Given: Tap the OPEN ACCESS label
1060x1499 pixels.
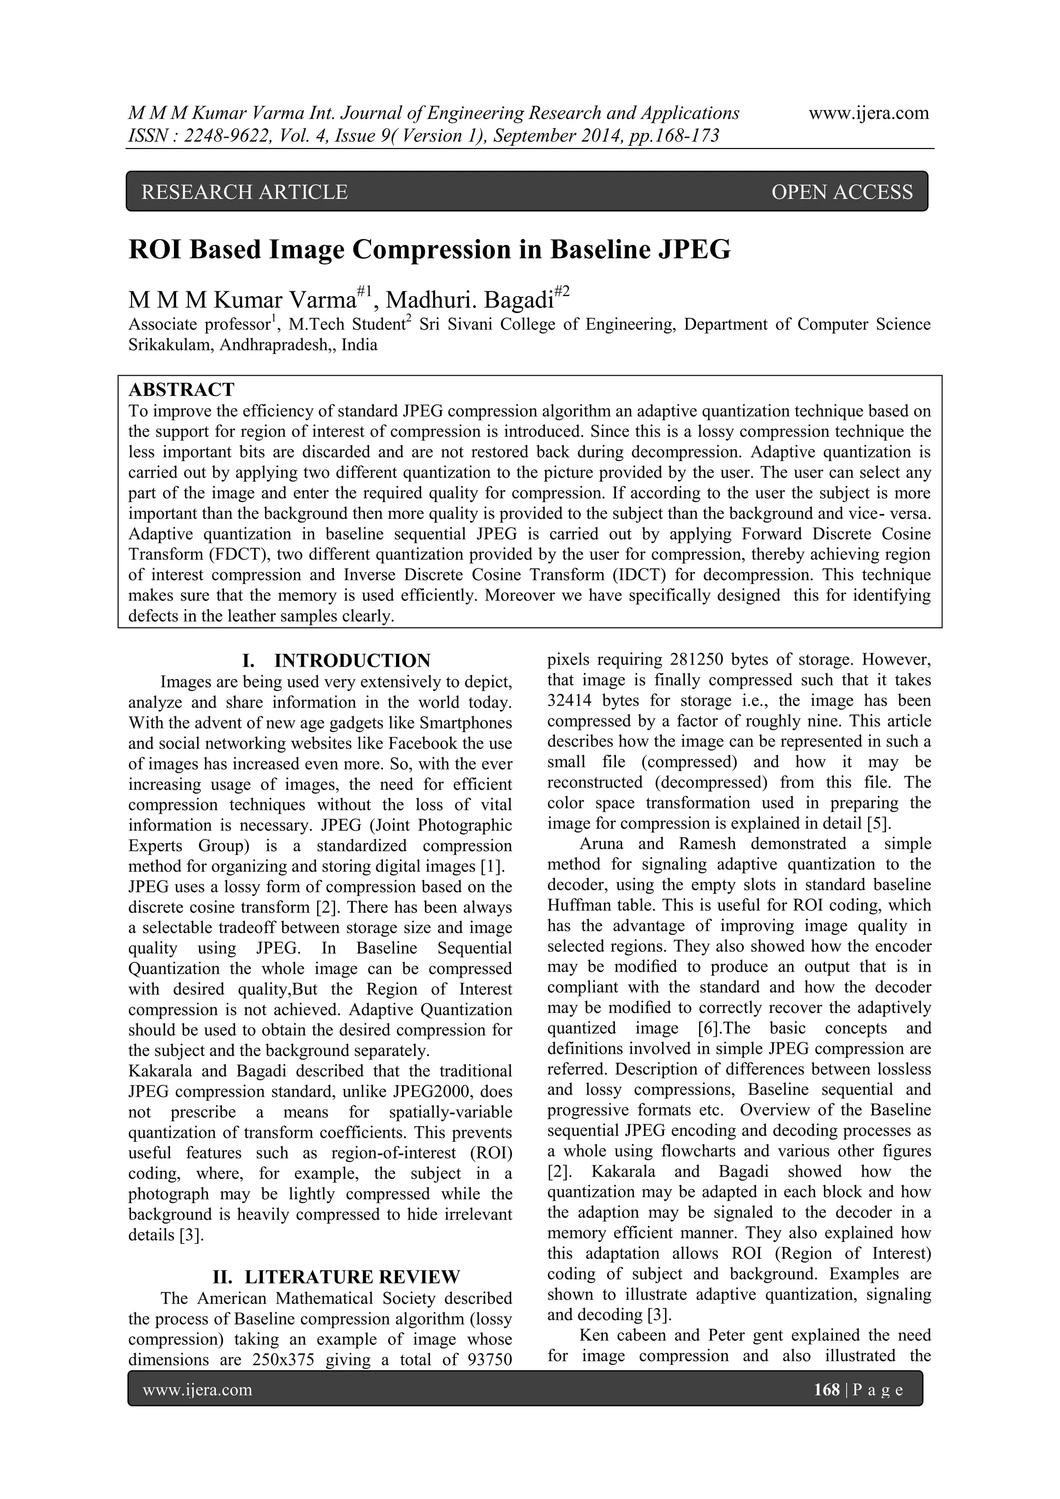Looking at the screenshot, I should (842, 192).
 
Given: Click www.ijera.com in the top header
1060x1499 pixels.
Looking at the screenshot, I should (868, 113).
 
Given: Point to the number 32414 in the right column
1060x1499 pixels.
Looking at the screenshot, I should (571, 700).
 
